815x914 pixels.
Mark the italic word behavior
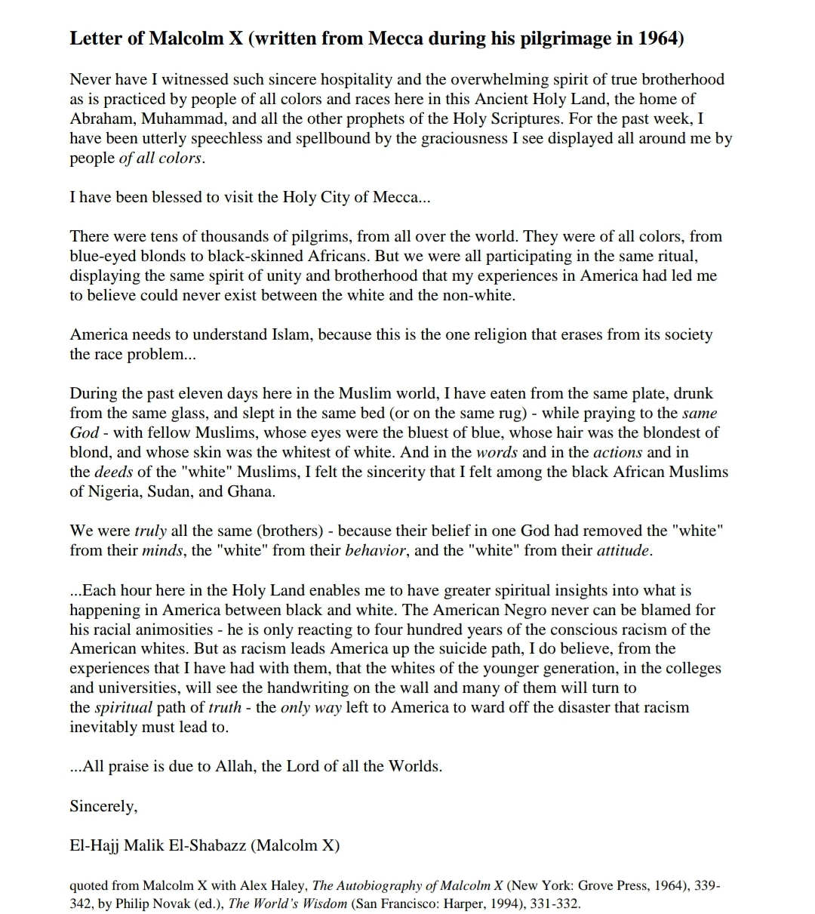[x=375, y=550]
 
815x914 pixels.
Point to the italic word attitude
[x=623, y=550]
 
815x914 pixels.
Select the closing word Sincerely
[x=103, y=806]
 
